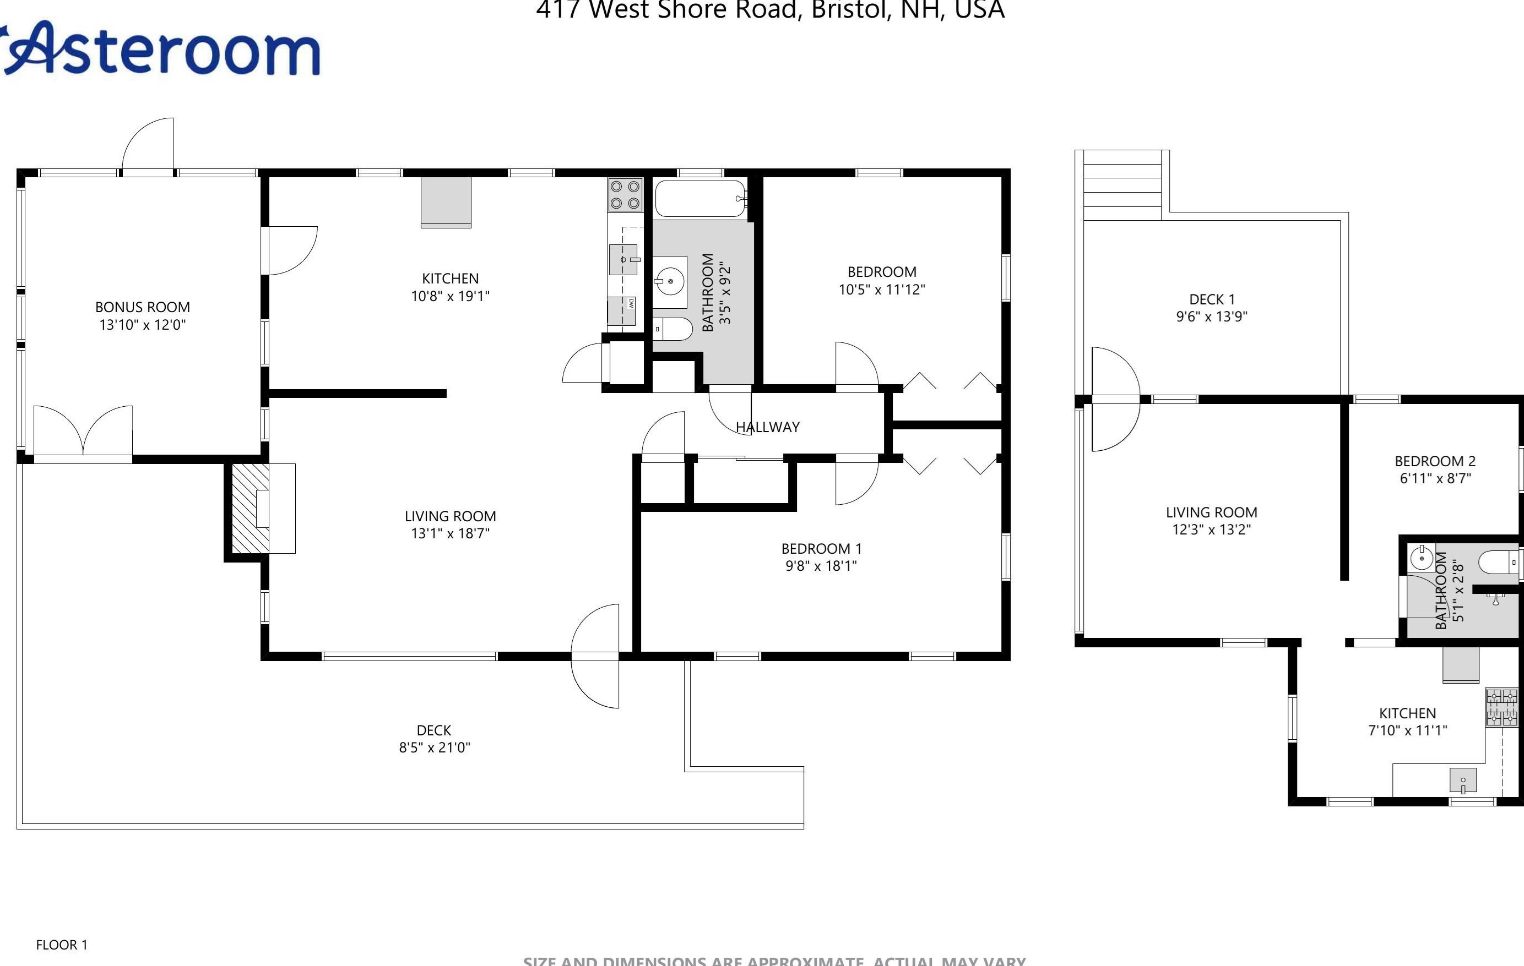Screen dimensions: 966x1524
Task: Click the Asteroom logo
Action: [161, 50]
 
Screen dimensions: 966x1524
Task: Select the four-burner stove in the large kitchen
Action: [625, 195]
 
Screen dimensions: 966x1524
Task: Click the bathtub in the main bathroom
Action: [700, 199]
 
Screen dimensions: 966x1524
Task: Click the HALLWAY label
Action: [768, 428]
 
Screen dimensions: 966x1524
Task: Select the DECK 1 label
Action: [1211, 300]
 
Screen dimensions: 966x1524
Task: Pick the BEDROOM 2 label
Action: [1435, 461]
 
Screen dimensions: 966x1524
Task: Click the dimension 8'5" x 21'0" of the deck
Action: [434, 747]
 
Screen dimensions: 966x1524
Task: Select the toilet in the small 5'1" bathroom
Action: [1500, 562]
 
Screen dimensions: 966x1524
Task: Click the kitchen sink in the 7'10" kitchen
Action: [1463, 781]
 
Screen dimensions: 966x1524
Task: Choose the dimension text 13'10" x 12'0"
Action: [143, 325]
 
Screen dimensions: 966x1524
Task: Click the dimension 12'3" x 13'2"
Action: [1211, 530]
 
